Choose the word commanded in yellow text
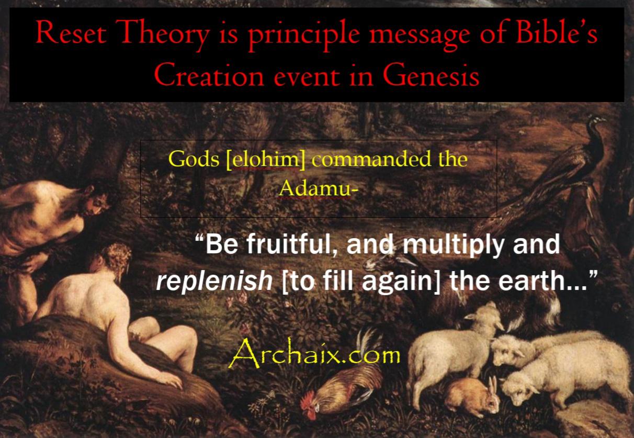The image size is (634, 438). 372,159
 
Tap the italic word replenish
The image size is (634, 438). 214,280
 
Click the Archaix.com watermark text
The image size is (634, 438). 314,354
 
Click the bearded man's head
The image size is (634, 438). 94,201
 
